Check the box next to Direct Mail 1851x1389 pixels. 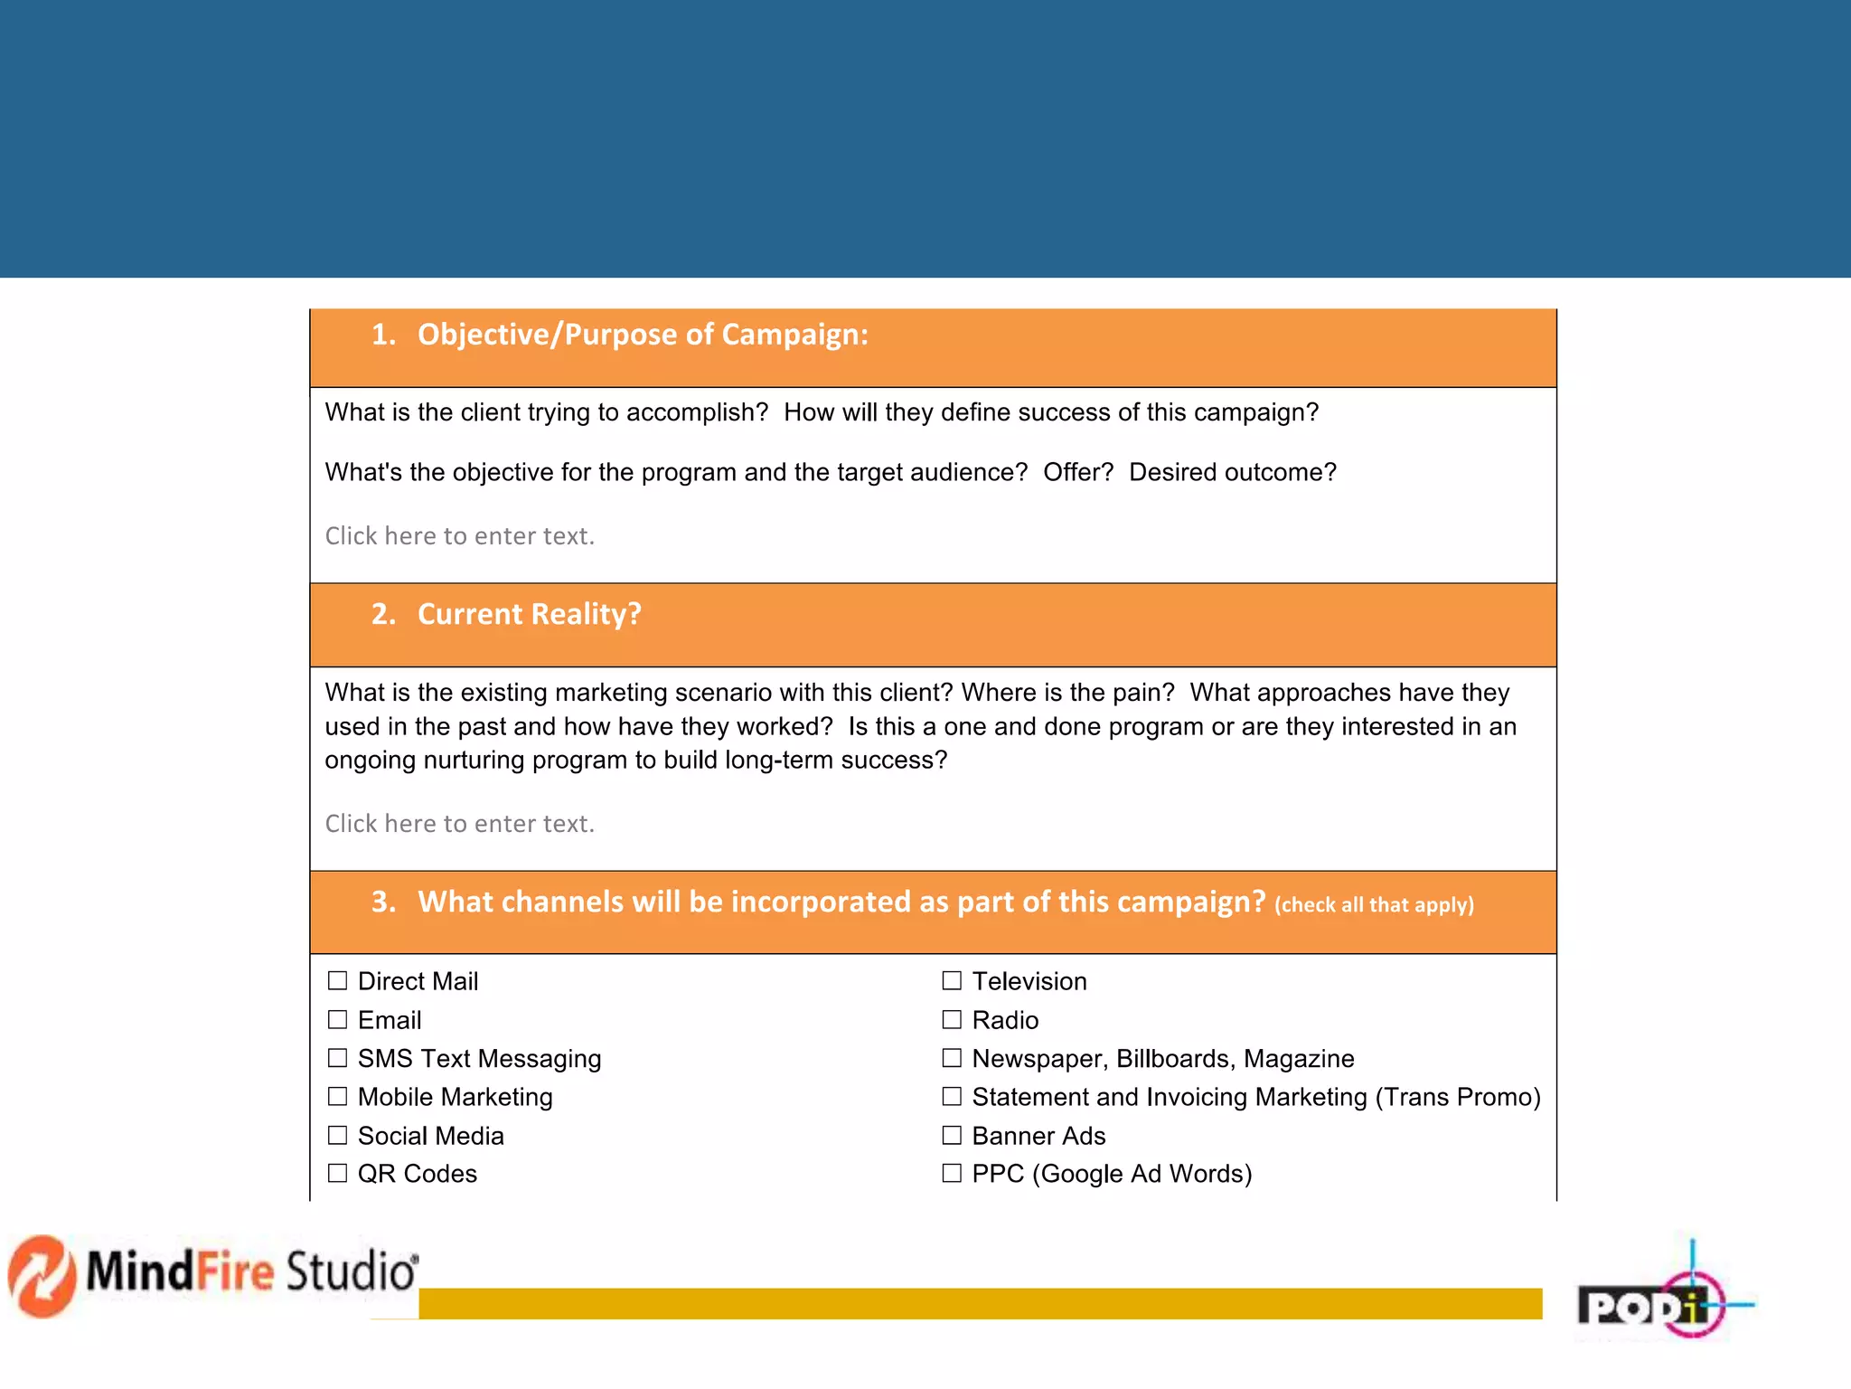pos(337,981)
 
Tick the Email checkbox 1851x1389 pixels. pos(337,1020)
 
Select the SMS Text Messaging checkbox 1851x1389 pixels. pos(337,1058)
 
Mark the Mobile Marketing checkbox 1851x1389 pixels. pos(337,1097)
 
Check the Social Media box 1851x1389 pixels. pos(337,1136)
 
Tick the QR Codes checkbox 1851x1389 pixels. pos(337,1174)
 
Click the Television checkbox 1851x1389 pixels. pos(952,981)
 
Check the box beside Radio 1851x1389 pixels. pos(952,1020)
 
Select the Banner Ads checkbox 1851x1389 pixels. pos(952,1136)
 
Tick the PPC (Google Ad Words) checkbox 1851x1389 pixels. pos(952,1174)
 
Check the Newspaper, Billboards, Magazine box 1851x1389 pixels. pos(952,1058)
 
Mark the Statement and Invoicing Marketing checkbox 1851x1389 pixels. pos(952,1097)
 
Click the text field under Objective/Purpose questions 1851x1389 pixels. pos(460,536)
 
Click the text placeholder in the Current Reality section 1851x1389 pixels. pos(460,824)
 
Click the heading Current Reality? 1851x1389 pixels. pos(529,615)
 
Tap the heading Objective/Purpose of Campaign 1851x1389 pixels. pos(642,335)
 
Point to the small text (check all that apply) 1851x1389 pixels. pos(1374,905)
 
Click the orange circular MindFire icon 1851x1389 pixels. pos(42,1276)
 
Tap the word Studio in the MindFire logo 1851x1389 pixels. pos(352,1271)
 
